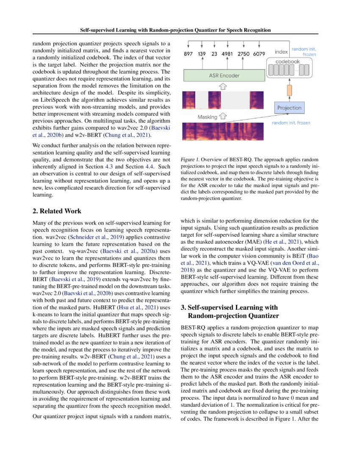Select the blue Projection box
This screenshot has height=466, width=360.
click(289, 108)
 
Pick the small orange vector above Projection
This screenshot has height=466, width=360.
click(290, 90)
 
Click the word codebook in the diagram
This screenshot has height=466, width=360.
click(288, 61)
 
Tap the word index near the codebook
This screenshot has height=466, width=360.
click(281, 52)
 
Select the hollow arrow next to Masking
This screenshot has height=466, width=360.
click(224, 116)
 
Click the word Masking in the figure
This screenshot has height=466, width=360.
click(208, 116)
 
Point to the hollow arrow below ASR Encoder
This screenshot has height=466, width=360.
click(224, 86)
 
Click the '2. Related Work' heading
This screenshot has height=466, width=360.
click(57, 211)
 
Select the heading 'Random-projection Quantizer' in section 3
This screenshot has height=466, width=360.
click(233, 316)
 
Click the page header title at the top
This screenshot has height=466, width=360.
click(175, 30)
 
